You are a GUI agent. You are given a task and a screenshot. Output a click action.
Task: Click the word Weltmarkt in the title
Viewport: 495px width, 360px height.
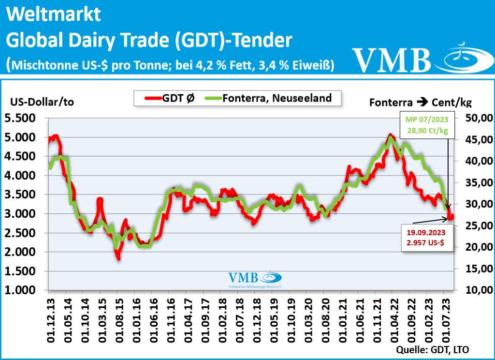point(54,15)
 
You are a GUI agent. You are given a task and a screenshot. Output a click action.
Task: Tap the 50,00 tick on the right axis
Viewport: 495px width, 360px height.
point(478,118)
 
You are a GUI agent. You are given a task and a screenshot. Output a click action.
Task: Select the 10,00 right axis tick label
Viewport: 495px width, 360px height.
point(478,290)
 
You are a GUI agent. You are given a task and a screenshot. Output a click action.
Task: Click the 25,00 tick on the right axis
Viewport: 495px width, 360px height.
point(478,225)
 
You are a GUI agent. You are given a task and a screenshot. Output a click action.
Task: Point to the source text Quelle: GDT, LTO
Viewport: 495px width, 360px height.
point(433,349)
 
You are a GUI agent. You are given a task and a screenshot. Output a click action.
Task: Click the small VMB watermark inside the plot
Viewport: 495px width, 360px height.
point(255,279)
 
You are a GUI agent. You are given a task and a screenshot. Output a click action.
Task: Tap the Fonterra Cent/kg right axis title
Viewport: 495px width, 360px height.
point(420,102)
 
